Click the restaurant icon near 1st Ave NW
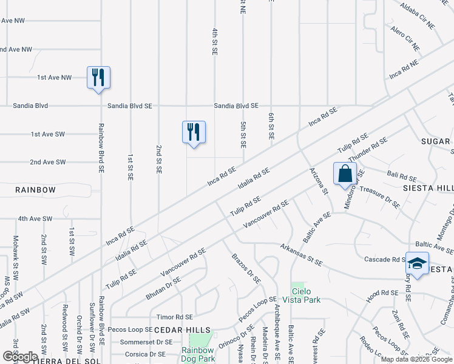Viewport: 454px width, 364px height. click(x=98, y=78)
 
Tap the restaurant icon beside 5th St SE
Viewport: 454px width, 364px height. click(x=194, y=132)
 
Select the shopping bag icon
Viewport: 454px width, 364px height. click(x=345, y=174)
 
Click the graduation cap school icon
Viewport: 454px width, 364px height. click(x=417, y=263)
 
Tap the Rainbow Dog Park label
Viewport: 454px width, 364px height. click(x=198, y=354)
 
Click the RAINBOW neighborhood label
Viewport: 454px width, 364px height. click(x=36, y=190)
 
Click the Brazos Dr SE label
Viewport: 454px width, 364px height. click(x=246, y=269)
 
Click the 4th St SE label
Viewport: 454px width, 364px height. click(x=214, y=41)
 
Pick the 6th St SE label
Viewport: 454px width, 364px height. click(x=271, y=126)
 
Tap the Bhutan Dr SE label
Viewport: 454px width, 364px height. click(x=163, y=288)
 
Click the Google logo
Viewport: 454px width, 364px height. click(x=20, y=357)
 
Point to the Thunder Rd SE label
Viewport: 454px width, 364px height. click(x=368, y=150)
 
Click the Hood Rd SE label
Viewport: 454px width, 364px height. click(x=381, y=296)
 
